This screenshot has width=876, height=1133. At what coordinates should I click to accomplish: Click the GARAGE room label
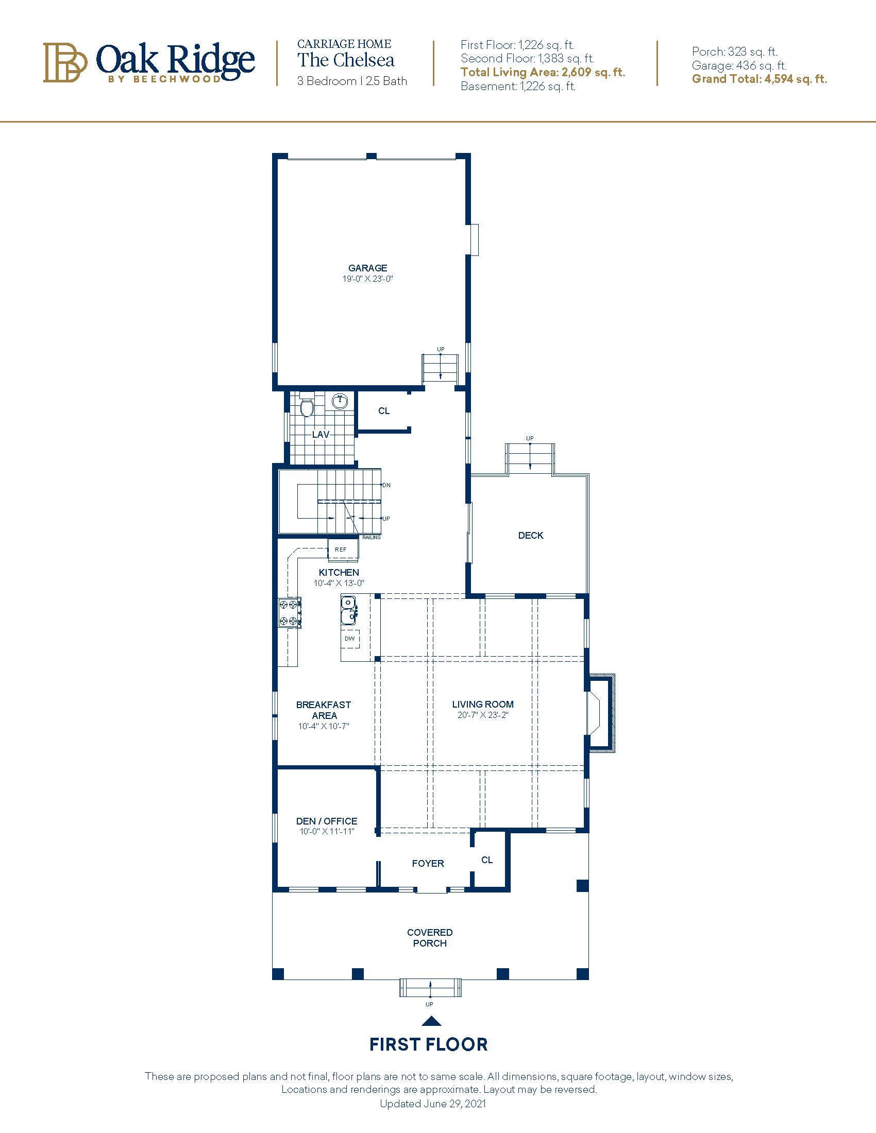[367, 268]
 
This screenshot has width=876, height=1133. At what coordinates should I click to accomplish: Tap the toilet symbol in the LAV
[307, 407]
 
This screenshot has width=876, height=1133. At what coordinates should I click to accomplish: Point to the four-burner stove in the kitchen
[290, 613]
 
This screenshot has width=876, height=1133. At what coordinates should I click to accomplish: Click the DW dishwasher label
[350, 639]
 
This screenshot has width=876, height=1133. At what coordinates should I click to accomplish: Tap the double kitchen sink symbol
[348, 610]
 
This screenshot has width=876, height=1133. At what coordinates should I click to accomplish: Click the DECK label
[530, 536]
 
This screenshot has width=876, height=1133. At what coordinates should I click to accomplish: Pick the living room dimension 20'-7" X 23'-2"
[482, 715]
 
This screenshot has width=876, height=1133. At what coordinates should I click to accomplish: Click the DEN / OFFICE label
[326, 821]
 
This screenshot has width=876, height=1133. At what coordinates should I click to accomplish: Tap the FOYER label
[428, 864]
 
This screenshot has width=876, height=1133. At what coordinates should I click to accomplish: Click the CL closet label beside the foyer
[487, 860]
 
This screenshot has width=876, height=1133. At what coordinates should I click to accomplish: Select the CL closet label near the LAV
[383, 411]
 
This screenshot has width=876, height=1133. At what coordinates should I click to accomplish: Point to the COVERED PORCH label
[430, 938]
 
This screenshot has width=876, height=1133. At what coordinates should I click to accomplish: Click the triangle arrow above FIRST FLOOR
[431, 1021]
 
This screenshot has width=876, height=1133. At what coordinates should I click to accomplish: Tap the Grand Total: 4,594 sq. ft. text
[759, 79]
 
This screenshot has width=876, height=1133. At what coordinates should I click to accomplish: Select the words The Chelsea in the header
[346, 60]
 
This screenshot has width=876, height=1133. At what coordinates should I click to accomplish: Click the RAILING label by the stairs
[371, 538]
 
